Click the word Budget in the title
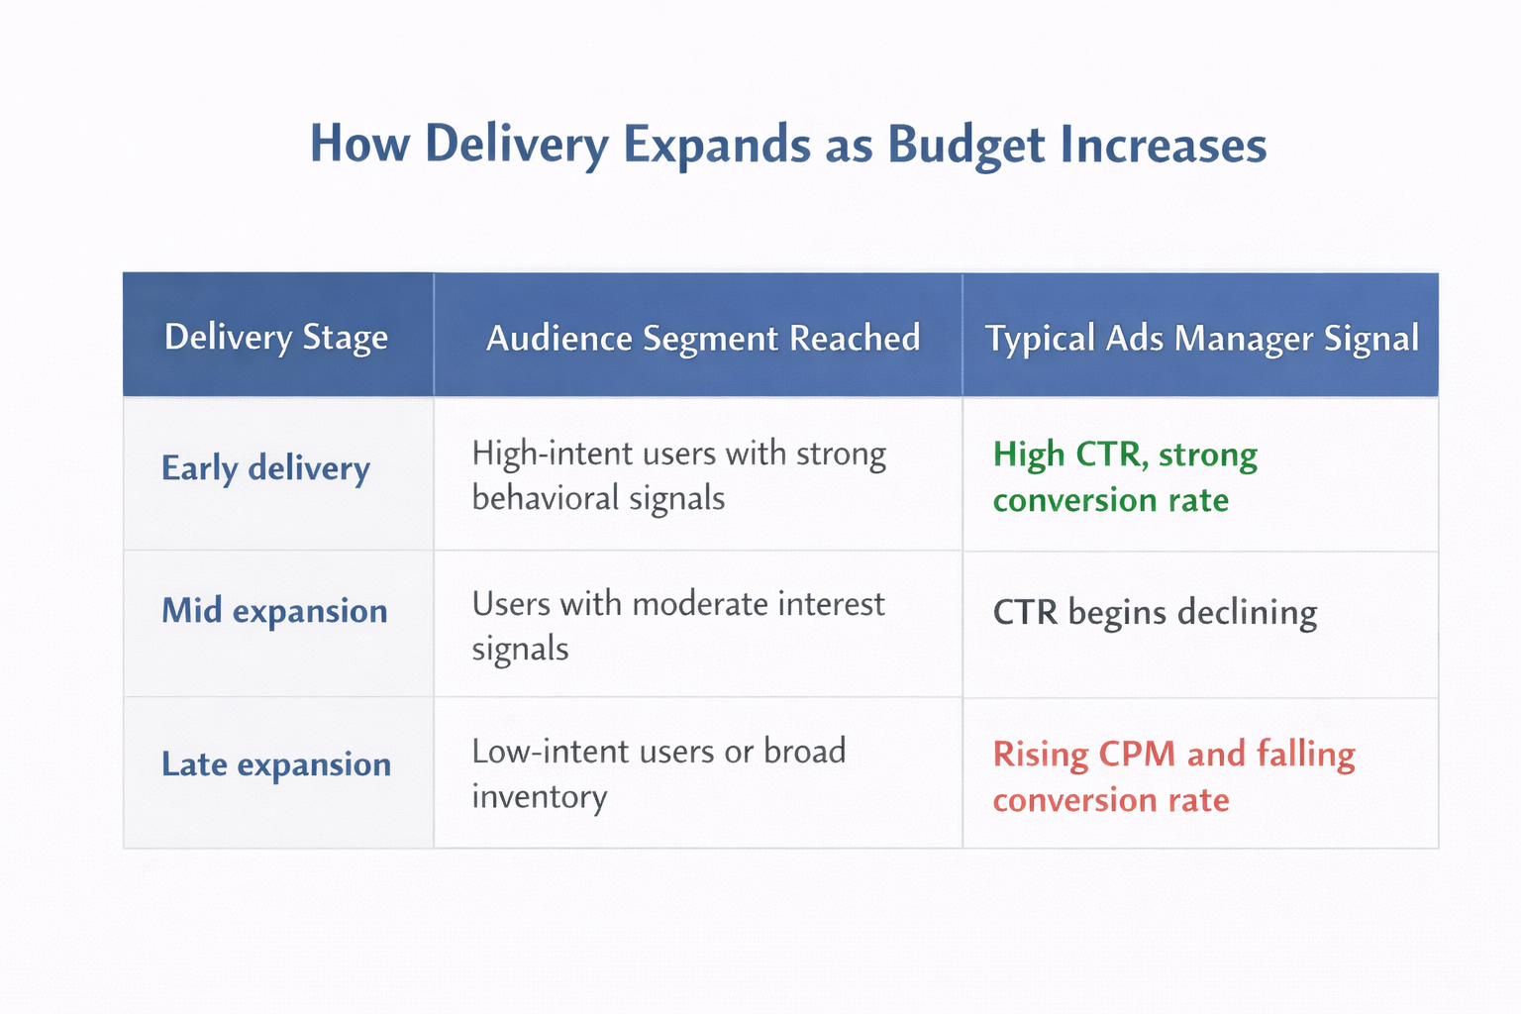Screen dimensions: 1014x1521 tap(965, 145)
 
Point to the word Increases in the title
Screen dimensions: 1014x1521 tap(1163, 145)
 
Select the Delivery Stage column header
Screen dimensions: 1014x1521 tap(276, 338)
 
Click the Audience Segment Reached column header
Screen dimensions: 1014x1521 tap(702, 338)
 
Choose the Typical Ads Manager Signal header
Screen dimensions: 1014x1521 tap(1201, 338)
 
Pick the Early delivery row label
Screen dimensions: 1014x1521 tap(265, 468)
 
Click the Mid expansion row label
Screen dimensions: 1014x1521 tap(274, 611)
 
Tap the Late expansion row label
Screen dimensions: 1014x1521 tap(276, 764)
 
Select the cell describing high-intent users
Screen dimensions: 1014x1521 tap(678, 475)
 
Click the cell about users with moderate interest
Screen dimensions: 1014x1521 tap(677, 626)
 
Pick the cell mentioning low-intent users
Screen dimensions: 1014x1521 tap(659, 773)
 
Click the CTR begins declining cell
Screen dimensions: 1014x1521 tap(1155, 613)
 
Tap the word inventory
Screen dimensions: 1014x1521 tap(539, 797)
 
